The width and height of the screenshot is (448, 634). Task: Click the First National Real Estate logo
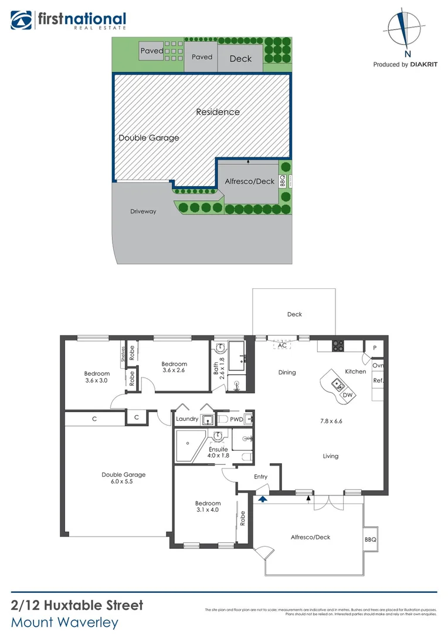[x=68, y=21]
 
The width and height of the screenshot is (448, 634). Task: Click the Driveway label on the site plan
[x=143, y=211]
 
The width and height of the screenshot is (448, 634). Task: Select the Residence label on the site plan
[x=218, y=112]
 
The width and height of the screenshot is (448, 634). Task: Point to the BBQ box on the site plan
[x=282, y=181]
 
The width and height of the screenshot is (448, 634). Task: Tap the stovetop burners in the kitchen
[x=338, y=346]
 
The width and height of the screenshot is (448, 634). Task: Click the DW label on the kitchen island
[x=347, y=395]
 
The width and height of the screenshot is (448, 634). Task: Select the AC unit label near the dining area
[x=282, y=345]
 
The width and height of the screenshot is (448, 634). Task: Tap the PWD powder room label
[x=236, y=419]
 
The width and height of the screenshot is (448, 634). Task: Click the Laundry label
[x=187, y=419]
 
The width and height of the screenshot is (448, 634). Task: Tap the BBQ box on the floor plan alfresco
[x=369, y=538]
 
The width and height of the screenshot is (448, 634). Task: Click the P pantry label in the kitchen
[x=374, y=348]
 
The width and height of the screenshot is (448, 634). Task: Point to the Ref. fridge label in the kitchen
[x=378, y=380]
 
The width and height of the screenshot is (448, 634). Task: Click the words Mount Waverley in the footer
[x=65, y=622]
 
